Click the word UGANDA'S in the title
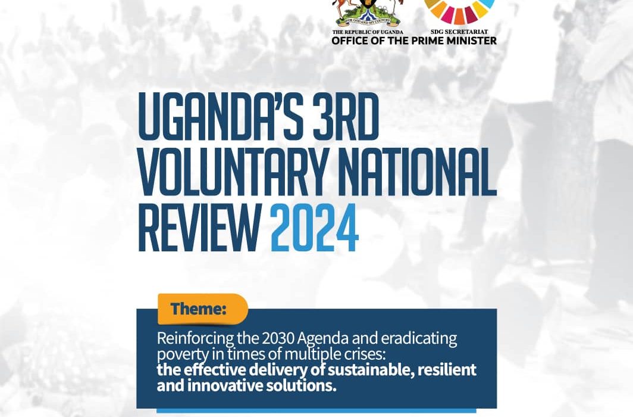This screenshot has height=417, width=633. (x=220, y=116)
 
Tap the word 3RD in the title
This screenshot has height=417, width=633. (x=346, y=116)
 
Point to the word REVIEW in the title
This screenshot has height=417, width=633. (x=199, y=227)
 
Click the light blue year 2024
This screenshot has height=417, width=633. (x=315, y=227)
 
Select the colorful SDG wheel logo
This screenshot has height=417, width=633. (x=459, y=11)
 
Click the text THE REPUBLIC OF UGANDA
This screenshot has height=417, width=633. (x=368, y=32)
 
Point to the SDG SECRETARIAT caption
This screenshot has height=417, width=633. (x=459, y=32)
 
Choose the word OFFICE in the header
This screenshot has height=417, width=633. (x=350, y=41)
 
